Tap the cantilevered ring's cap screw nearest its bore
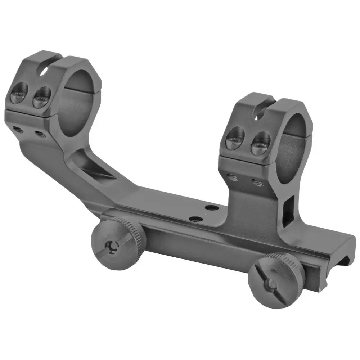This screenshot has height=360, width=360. tap(42, 97)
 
